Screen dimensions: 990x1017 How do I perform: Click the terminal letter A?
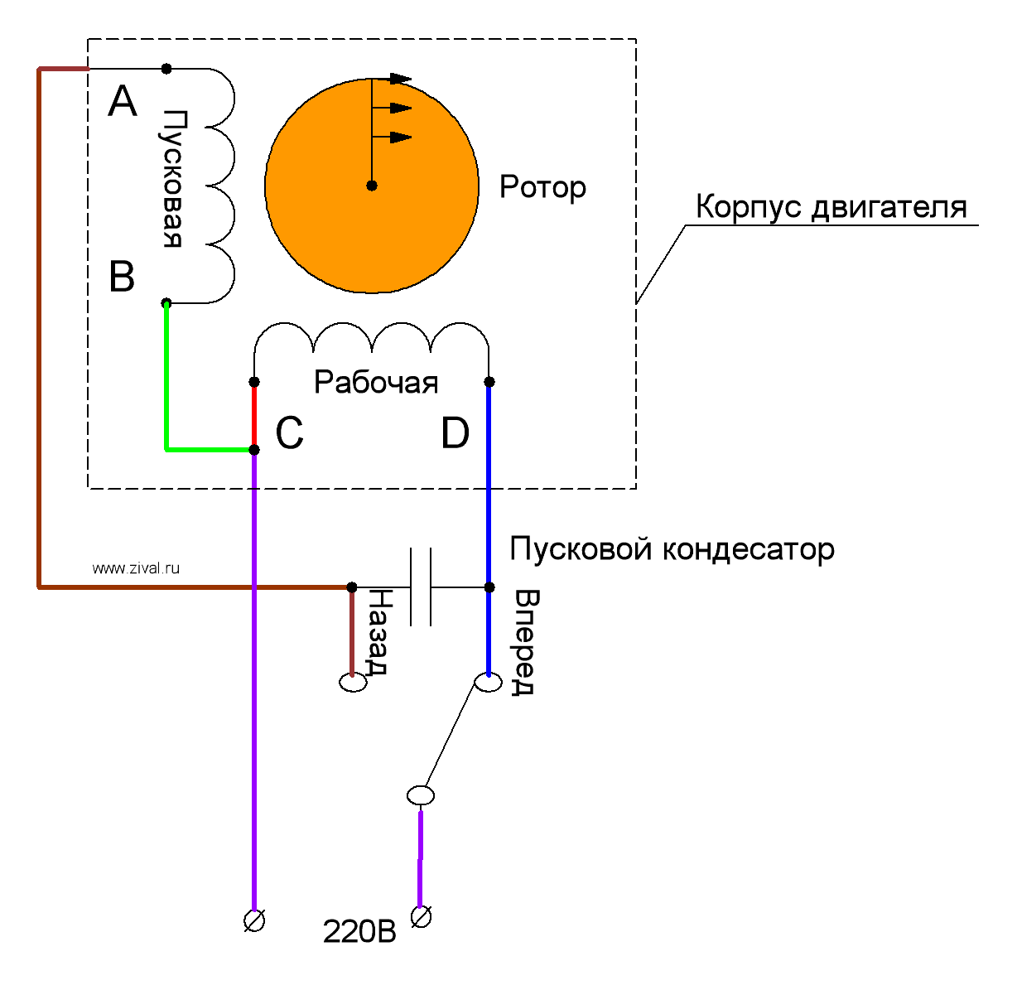coord(123,102)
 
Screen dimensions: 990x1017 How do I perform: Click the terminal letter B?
coord(122,277)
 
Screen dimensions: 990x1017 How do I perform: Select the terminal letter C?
coord(289,433)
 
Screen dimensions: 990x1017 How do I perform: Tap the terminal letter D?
coord(455,433)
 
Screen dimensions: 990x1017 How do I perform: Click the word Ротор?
coord(542,187)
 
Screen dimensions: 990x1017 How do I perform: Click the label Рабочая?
coord(376,383)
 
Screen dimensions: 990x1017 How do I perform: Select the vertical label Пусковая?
coord(172,178)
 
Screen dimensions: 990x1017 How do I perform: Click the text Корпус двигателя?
coord(831,207)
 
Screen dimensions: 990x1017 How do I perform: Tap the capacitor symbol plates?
coord(421,587)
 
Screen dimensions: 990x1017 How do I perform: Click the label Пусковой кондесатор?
coord(672,549)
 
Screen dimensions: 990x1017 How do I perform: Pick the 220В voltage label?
coord(359,932)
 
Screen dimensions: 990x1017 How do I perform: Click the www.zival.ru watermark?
coord(136,568)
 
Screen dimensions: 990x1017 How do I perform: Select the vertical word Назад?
coord(378,631)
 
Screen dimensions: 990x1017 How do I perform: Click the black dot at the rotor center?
coord(372,186)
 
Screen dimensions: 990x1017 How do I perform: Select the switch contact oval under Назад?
coord(353,683)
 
